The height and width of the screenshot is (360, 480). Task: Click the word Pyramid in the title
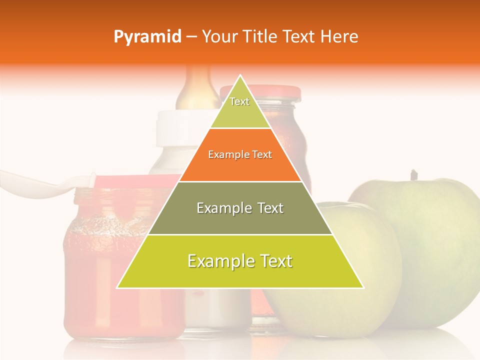pyautogui.click(x=147, y=37)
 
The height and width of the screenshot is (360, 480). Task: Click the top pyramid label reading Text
pyautogui.click(x=239, y=101)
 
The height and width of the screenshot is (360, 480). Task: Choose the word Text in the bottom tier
pyautogui.click(x=273, y=261)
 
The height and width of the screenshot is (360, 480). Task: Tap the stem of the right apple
pyautogui.click(x=413, y=175)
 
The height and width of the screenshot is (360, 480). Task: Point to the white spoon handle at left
pyautogui.click(x=30, y=182)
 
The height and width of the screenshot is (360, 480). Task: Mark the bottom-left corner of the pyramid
pyautogui.click(x=117, y=288)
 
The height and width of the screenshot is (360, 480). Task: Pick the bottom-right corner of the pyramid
pyautogui.click(x=363, y=288)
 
